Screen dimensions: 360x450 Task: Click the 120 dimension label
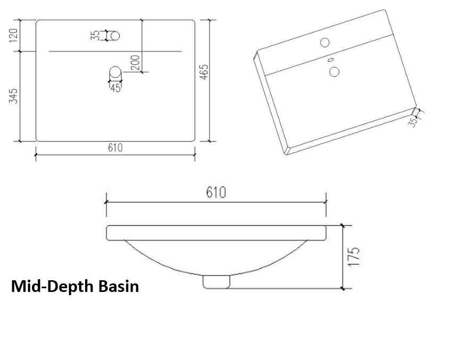(x=14, y=36)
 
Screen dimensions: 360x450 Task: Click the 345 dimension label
(x=14, y=96)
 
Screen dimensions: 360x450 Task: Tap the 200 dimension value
(x=135, y=63)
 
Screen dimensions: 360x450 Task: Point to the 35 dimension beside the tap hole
(x=96, y=36)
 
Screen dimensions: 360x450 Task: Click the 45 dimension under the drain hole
(x=115, y=88)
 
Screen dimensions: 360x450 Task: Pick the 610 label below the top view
(x=115, y=148)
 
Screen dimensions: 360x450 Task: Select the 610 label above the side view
(x=216, y=192)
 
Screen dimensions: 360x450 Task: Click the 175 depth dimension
(x=355, y=257)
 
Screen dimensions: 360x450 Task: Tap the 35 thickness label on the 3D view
(x=412, y=122)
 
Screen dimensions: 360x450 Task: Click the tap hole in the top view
(x=114, y=36)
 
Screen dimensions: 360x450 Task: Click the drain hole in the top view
(x=115, y=72)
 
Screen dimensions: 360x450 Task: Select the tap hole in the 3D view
(x=324, y=41)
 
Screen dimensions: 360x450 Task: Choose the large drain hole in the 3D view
(x=334, y=72)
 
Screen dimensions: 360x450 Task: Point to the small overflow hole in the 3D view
(x=330, y=60)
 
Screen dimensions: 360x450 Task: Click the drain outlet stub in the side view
(x=216, y=281)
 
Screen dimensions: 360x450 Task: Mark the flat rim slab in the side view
(x=216, y=232)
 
